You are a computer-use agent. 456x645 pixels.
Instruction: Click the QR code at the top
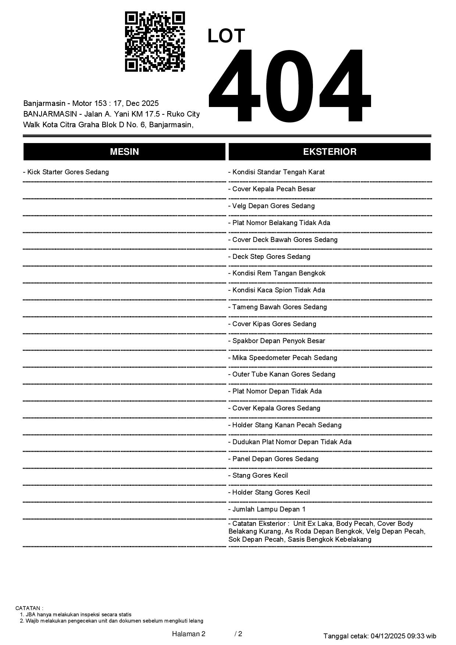pos(155,42)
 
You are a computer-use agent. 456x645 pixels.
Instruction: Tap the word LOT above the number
pos(226,36)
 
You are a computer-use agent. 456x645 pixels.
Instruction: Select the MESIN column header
pos(124,152)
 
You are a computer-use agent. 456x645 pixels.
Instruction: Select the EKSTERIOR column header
pos(329,152)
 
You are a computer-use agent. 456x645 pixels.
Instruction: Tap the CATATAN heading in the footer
pos(29,608)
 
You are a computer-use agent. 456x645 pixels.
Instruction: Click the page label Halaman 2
pos(189,634)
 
